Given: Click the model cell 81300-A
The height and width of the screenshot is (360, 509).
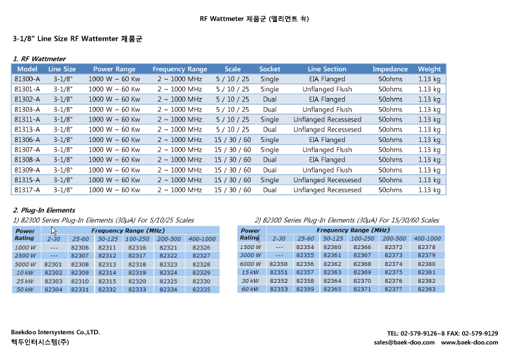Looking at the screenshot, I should pyautogui.click(x=27, y=79).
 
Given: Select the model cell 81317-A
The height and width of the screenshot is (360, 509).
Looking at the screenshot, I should pyautogui.click(x=27, y=190).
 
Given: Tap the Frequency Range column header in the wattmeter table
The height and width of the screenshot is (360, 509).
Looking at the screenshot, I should pyautogui.click(x=180, y=69).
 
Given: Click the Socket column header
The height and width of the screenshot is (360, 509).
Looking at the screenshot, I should pyautogui.click(x=270, y=69).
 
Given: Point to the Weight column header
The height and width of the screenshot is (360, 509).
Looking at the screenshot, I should pyautogui.click(x=429, y=69).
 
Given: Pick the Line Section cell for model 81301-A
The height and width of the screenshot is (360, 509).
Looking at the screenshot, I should pyautogui.click(x=327, y=89).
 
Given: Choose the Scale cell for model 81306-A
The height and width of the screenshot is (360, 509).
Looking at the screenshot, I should pyautogui.click(x=232, y=139).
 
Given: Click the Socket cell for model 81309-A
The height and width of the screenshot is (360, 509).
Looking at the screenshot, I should pyautogui.click(x=270, y=170).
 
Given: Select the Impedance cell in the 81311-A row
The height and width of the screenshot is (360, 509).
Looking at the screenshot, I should pyautogui.click(x=390, y=119).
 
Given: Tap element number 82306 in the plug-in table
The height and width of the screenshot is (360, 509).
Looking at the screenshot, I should pyautogui.click(x=80, y=248).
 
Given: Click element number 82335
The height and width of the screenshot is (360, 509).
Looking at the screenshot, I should pyautogui.click(x=202, y=289).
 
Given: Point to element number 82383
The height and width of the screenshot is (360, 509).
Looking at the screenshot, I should pyautogui.click(x=427, y=289).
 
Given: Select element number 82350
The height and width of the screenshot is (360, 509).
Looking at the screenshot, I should pyautogui.click(x=278, y=264).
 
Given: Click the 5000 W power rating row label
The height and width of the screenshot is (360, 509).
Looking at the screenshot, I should pyautogui.click(x=25, y=265).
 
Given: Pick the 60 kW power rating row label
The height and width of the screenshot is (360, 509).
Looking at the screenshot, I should pyautogui.click(x=250, y=289).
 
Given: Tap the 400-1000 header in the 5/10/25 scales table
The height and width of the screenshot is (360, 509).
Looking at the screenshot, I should pyautogui.click(x=202, y=239).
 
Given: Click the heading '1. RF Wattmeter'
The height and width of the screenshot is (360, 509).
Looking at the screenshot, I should pyautogui.click(x=40, y=59).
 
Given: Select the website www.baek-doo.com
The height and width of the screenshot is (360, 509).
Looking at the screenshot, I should pyautogui.click(x=469, y=342).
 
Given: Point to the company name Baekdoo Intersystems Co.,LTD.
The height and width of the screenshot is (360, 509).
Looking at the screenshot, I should pyautogui.click(x=55, y=332).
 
